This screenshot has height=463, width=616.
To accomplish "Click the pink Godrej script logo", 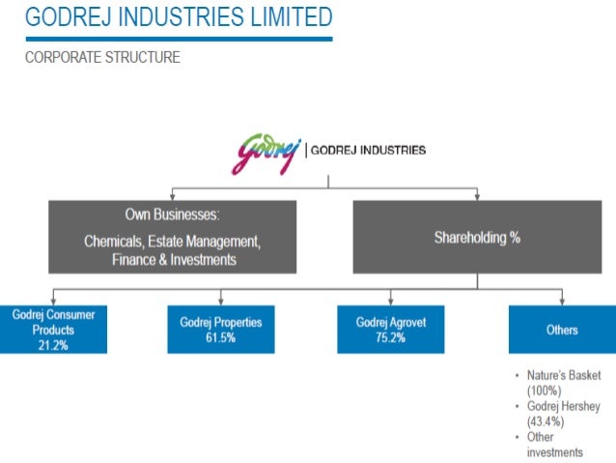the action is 266,153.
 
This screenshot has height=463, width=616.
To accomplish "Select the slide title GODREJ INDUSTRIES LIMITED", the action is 178,17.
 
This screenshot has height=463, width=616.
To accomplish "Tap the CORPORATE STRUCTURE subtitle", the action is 102,58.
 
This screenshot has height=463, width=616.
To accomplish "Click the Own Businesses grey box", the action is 172,237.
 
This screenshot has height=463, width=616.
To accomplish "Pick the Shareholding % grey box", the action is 476,237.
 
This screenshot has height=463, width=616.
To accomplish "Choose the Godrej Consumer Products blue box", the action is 53,330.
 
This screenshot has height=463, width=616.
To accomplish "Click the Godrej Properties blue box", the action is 221,330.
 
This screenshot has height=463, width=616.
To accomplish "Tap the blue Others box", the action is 562,330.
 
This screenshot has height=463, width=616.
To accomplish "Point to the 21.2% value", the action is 53,345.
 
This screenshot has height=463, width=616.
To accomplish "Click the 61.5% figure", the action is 221,337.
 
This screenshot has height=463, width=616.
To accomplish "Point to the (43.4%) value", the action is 546,421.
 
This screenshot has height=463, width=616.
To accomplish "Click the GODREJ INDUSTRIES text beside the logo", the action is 368,150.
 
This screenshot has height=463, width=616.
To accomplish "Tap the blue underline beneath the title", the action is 178,39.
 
